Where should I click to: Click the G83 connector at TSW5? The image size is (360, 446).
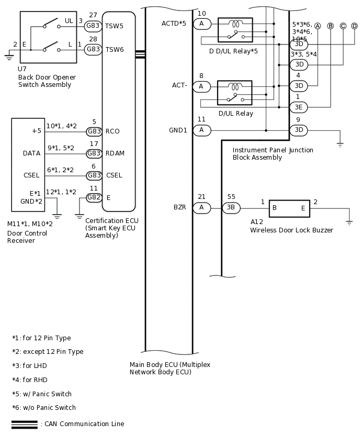coord(93,26)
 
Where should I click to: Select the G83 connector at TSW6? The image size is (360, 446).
coord(93,49)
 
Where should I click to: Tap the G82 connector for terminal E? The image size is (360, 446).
coord(93,197)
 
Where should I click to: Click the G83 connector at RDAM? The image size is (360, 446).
coord(93,153)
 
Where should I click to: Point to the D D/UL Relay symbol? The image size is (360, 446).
coord(235,30)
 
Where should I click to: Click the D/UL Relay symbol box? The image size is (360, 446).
coord(234,93)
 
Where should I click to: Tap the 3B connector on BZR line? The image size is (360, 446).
coord(231,208)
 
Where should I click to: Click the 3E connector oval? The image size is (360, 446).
coord(299,107)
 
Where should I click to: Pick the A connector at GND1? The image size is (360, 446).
coord(201,130)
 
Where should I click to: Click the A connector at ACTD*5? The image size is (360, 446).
coord(201,24)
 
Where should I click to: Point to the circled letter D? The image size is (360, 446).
coord(354,26)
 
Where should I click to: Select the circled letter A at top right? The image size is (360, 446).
coord(317,26)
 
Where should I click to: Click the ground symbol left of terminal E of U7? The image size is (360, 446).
coord(8,53)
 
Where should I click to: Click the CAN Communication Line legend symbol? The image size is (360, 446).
coord(25,424)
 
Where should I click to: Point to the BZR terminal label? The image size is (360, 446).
coord(180,208)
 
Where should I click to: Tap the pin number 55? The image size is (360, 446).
coord(231,197)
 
